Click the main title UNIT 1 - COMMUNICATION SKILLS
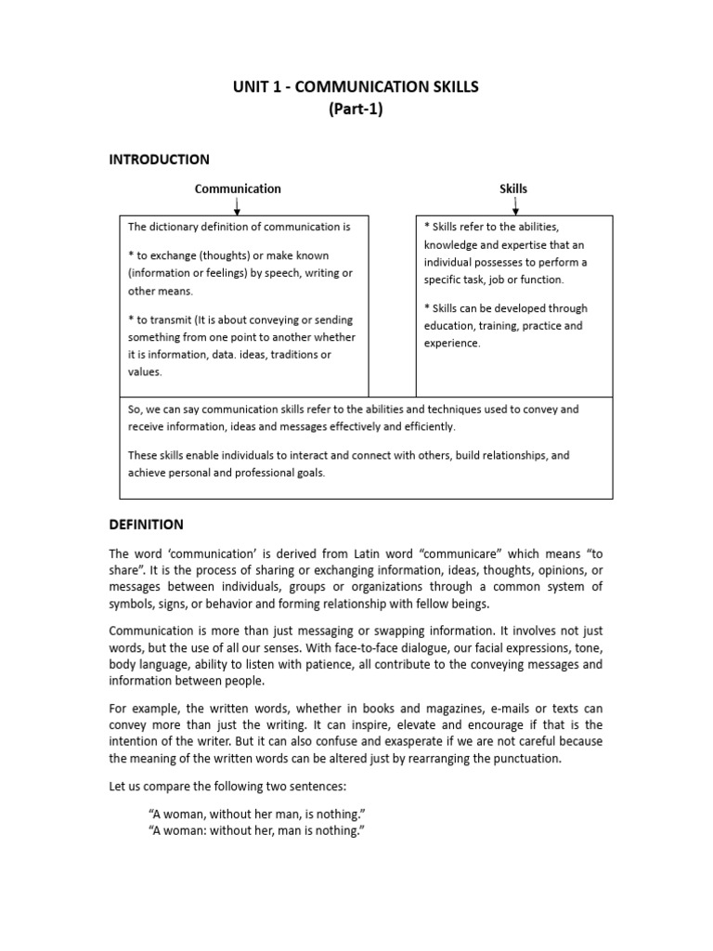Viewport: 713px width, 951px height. (356, 87)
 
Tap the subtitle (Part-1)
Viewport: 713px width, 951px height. (356, 109)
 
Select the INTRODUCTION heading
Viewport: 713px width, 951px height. (160, 160)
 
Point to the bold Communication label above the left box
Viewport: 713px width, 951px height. (238, 189)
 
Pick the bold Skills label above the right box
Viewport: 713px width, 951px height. (513, 189)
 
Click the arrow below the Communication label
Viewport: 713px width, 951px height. (238, 205)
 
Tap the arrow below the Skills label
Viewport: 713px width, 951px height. (514, 205)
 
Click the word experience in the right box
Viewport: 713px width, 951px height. (452, 343)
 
